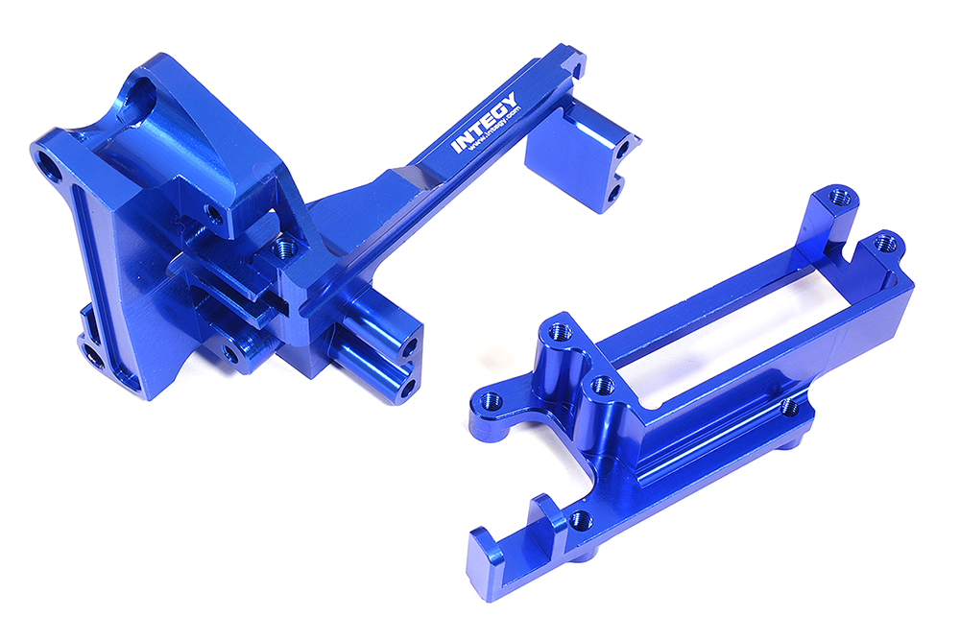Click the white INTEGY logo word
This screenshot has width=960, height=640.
[x=485, y=123]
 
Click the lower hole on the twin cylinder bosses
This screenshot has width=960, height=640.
[x=411, y=386]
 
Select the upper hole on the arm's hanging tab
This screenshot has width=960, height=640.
[x=626, y=152]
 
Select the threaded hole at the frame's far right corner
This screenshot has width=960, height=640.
[x=887, y=241]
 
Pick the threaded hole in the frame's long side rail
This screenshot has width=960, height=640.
[x=789, y=408]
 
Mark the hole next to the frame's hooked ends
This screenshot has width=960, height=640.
[x=579, y=521]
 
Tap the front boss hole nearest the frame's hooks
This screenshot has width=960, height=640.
[x=603, y=386]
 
